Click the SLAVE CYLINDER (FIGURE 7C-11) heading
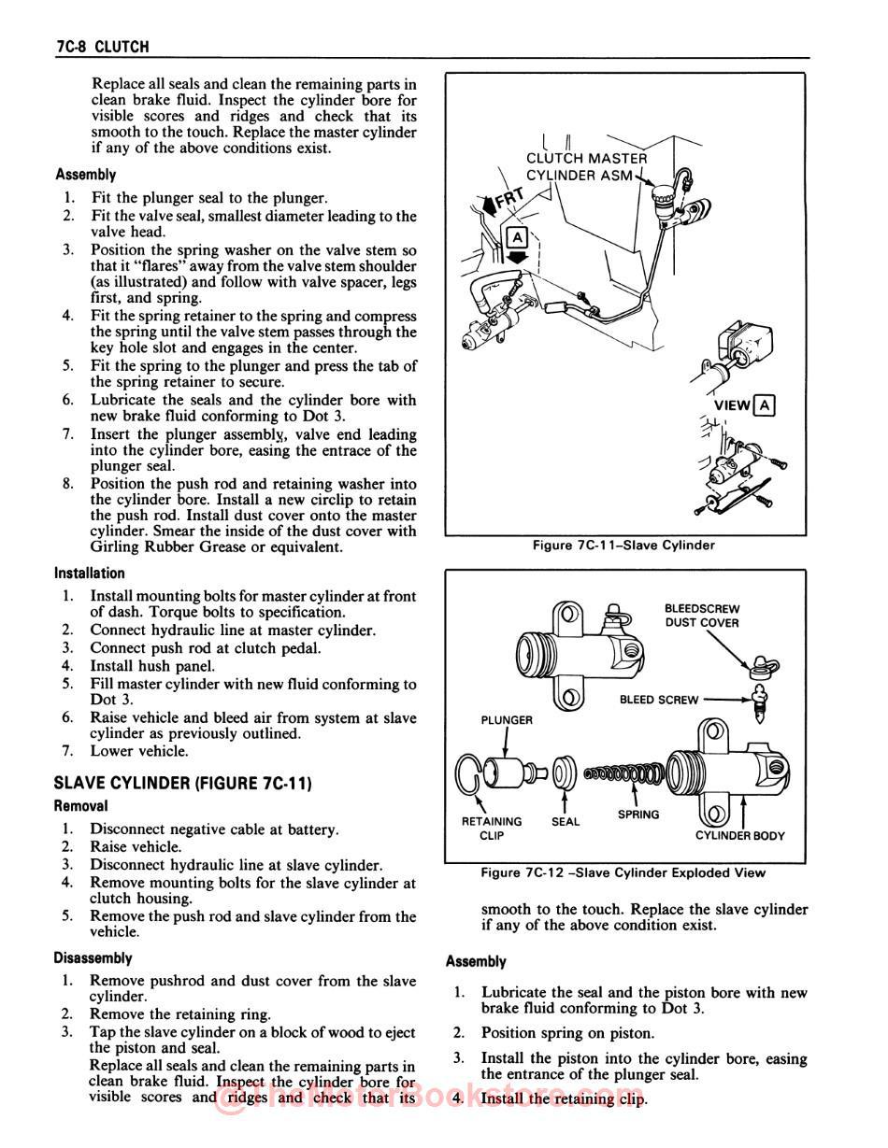(x=182, y=783)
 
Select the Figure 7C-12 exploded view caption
(x=623, y=872)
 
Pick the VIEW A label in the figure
(x=743, y=405)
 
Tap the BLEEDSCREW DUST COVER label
(x=702, y=616)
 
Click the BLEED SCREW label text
(x=659, y=700)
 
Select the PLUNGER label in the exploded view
(x=507, y=720)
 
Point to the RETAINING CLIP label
(x=492, y=829)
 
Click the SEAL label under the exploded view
(x=566, y=822)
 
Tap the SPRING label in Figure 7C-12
(x=638, y=815)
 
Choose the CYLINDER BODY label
(x=740, y=836)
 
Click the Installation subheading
(x=90, y=574)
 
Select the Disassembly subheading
(x=93, y=958)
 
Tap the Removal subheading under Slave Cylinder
(x=80, y=806)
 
